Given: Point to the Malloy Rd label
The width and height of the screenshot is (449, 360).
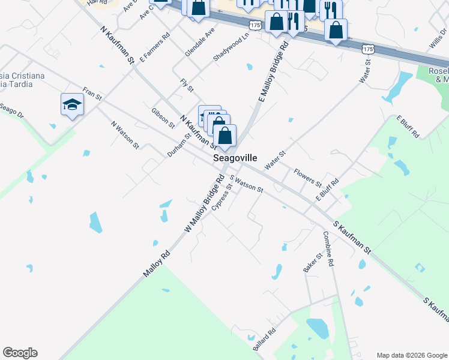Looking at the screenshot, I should coord(157,264).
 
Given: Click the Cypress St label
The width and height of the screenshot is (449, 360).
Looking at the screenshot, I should coord(221,197).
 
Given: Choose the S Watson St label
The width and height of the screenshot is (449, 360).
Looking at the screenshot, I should coord(246,184).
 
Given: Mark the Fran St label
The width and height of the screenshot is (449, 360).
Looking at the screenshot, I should coord(92,94).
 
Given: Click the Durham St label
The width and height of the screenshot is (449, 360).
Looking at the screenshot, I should coord(179,144).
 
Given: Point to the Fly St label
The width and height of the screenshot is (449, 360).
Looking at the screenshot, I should coord(187,85).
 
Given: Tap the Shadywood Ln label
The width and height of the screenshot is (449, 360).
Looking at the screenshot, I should coord(231,50).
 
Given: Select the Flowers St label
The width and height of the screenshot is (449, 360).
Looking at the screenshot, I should coord(307,177).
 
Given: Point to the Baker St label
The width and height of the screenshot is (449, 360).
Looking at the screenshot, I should coord(313,262).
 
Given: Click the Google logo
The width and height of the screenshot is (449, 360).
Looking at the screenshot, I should coord(20,353).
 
